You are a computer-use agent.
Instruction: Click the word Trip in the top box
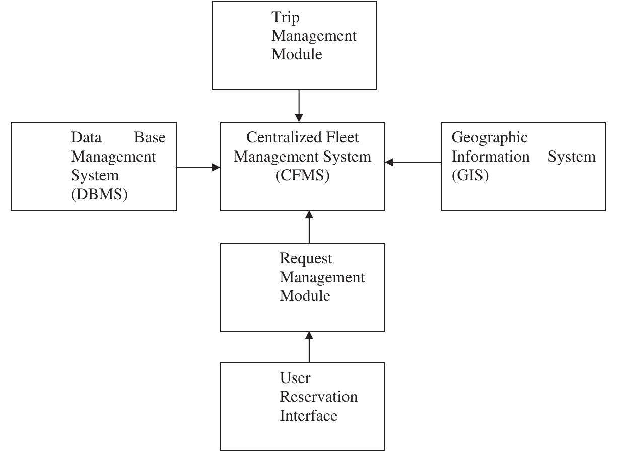coord(286,18)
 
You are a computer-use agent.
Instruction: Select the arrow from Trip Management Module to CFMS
coord(299,106)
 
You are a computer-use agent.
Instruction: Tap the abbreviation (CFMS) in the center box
coord(302,176)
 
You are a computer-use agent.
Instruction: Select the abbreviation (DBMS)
coord(99,194)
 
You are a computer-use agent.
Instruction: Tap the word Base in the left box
coord(150,137)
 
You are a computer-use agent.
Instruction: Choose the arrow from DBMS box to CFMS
coord(198,167)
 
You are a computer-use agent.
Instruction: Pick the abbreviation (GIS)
coord(470,176)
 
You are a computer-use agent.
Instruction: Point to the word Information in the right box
coord(490,157)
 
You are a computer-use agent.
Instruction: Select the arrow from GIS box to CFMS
coord(413,162)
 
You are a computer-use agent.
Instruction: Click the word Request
coord(306,258)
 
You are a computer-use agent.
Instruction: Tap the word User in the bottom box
coord(295,378)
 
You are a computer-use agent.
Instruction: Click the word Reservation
coord(318,397)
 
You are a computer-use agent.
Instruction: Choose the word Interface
coord(308,416)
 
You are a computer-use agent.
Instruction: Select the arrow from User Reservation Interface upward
coord(309,347)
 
